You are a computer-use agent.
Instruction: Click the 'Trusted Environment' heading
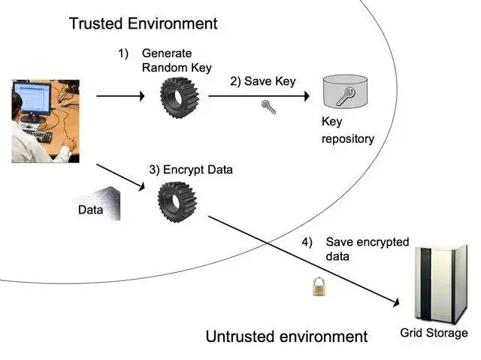(x=143, y=23)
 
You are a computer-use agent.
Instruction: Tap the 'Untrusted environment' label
(x=286, y=336)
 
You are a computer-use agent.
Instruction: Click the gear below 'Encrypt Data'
(x=177, y=201)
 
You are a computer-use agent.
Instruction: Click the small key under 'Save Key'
(x=268, y=107)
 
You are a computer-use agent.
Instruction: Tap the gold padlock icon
(x=319, y=286)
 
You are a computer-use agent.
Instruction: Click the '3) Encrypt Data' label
(x=191, y=170)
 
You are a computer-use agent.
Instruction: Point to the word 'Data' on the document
(x=90, y=210)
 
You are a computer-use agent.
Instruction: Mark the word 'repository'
(x=348, y=139)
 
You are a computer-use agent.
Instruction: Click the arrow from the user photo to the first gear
(x=120, y=96)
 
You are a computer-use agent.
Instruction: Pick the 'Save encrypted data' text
(x=366, y=249)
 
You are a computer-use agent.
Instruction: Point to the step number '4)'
(x=307, y=242)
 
